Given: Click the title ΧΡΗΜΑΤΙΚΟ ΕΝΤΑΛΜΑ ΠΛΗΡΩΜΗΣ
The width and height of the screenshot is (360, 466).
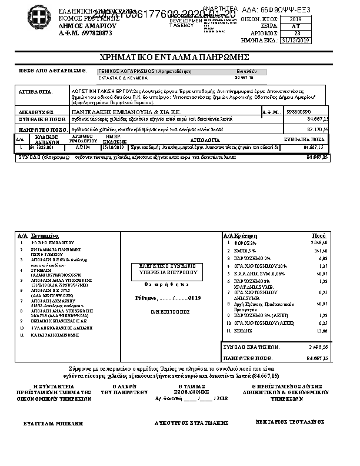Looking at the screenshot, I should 176,57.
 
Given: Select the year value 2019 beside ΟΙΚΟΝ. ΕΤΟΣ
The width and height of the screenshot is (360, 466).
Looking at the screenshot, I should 295,19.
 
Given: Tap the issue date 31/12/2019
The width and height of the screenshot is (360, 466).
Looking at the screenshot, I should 295,41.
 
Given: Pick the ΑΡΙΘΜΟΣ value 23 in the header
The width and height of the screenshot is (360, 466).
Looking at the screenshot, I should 296,34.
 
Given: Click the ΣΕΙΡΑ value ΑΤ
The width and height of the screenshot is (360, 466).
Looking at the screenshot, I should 296,26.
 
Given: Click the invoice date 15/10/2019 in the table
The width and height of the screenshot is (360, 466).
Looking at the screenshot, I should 116,148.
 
